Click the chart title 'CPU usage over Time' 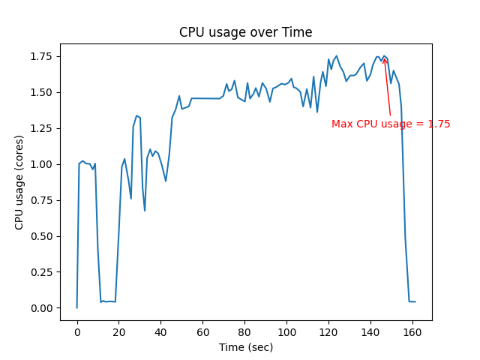[245, 32]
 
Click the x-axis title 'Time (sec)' [245, 347]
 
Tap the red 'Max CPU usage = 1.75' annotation [391, 124]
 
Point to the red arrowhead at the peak [385, 59]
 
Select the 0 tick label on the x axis [76, 331]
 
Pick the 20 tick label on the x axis [118, 331]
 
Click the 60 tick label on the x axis [202, 331]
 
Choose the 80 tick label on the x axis [244, 331]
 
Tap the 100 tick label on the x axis [286, 331]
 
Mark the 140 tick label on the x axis [370, 331]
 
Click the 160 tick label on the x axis [412, 331]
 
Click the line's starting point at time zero [76, 307]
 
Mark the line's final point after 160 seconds [415, 301]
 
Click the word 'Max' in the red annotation [342, 124]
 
